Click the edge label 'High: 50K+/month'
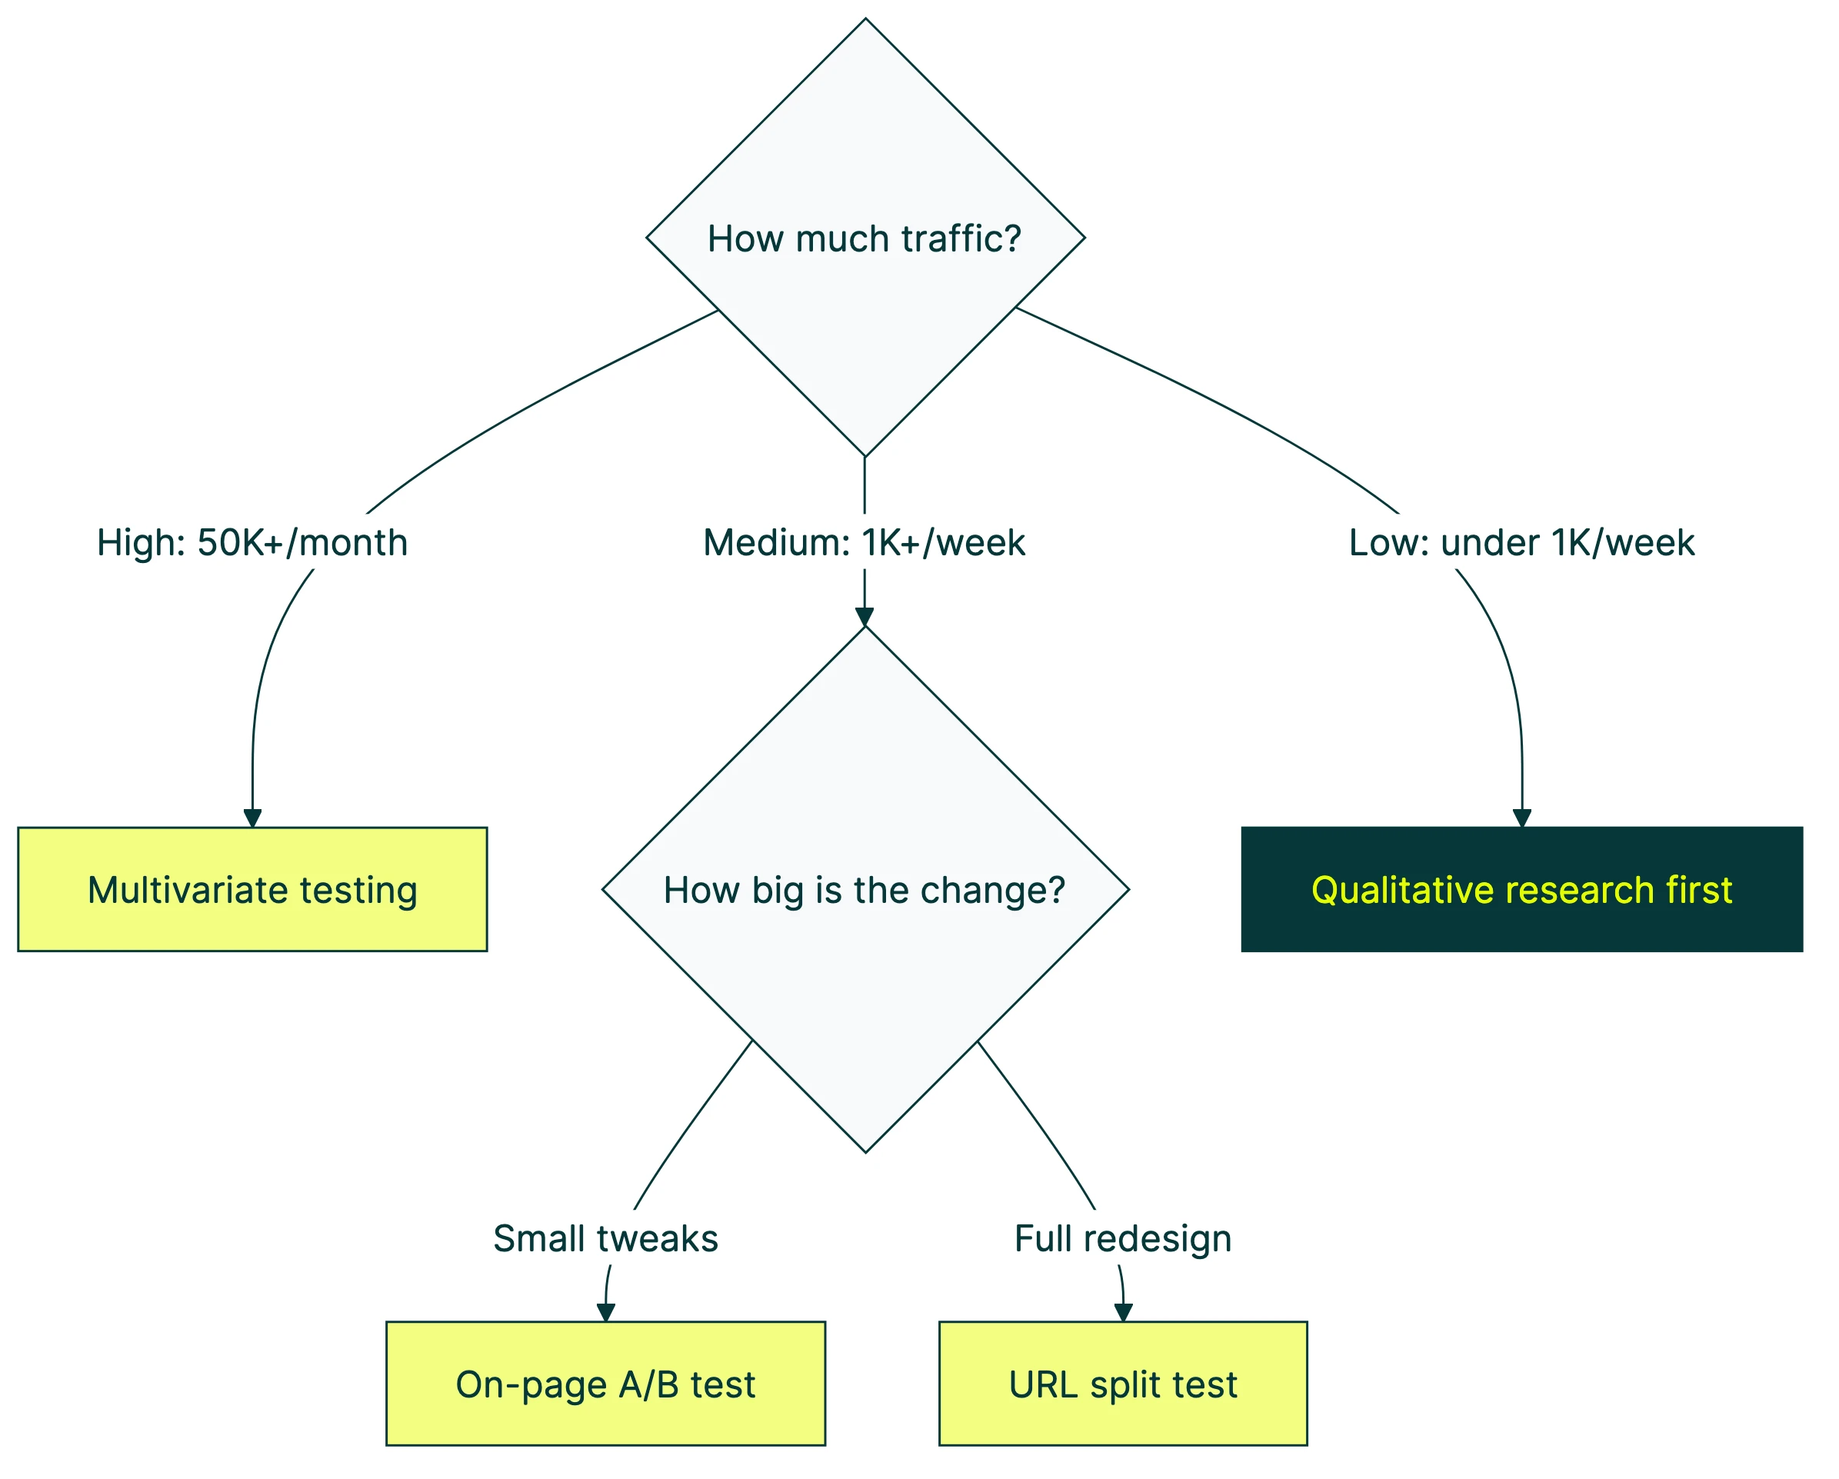[x=252, y=542]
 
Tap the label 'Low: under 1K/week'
[x=1521, y=542]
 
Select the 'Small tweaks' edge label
[x=605, y=1238]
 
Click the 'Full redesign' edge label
[x=1122, y=1238]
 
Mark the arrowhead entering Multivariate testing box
[x=252, y=818]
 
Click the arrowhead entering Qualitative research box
[x=1521, y=818]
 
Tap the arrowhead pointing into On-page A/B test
[x=605, y=1313]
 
